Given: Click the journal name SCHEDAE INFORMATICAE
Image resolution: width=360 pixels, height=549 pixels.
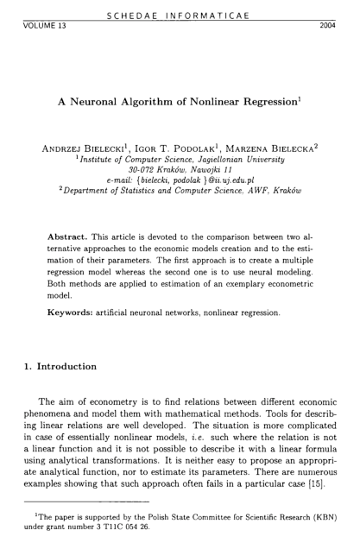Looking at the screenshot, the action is (x=180, y=14).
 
